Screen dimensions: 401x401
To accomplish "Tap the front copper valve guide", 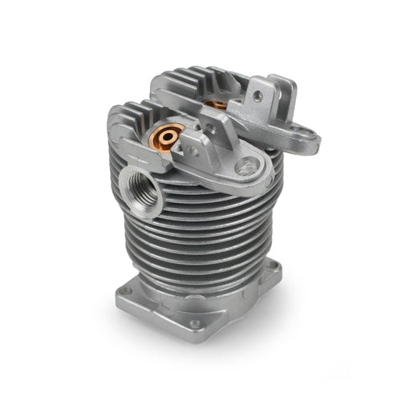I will pyautogui.click(x=167, y=137).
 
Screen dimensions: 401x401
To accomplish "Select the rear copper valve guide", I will pyautogui.click(x=215, y=103).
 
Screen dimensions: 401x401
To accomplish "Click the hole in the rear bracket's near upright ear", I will pyautogui.click(x=257, y=95).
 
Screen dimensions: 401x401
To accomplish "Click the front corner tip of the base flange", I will pyautogui.click(x=196, y=338).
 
